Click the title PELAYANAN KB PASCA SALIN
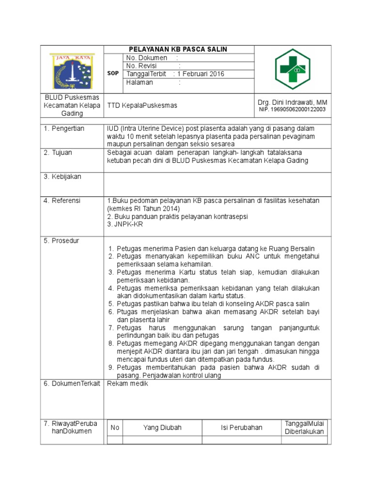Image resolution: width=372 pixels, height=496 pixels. (177, 49)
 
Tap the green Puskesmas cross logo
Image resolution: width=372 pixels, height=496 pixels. (293, 69)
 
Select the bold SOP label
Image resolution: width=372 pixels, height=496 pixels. (112, 73)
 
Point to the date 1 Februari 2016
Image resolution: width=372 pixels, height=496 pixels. (201, 74)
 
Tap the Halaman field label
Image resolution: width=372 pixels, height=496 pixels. (139, 82)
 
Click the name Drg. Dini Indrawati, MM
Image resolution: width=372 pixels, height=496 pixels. (292, 102)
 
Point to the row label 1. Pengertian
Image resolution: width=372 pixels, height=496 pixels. (64, 128)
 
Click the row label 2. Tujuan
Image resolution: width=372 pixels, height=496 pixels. (58, 153)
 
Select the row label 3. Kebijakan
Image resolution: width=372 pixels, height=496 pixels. (62, 177)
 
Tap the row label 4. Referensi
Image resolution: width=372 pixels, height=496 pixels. (62, 201)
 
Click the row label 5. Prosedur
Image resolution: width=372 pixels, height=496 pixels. (62, 241)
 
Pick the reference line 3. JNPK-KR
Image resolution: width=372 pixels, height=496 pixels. (125, 224)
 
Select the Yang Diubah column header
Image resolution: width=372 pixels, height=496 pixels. (162, 427)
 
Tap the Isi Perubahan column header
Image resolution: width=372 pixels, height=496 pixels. (241, 427)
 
